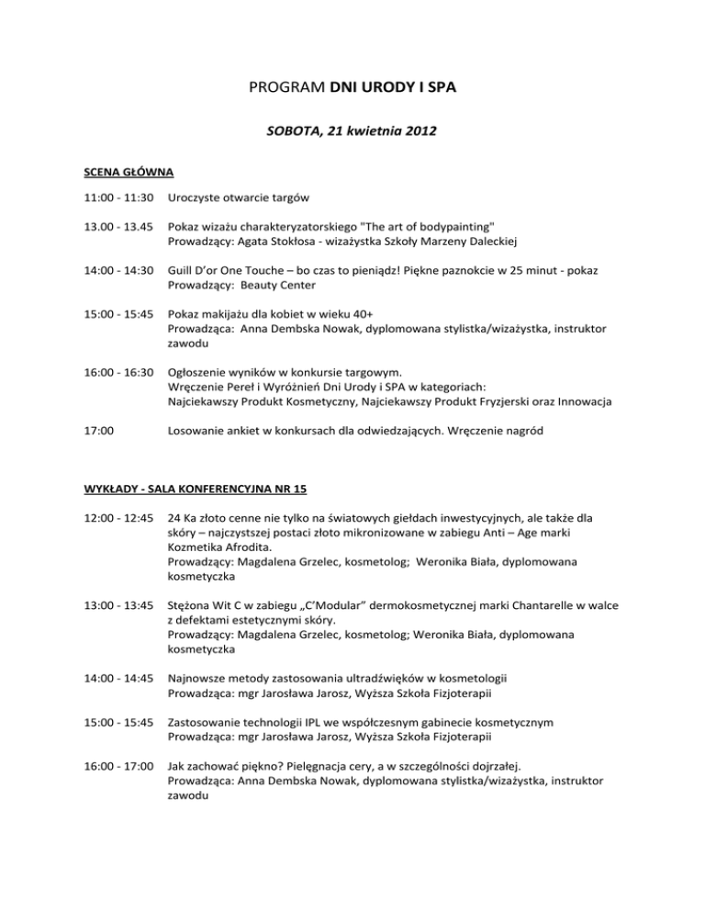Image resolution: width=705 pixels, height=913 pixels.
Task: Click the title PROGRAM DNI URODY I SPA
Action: [x=352, y=90]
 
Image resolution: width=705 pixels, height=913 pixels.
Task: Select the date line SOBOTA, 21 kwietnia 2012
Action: [x=352, y=131]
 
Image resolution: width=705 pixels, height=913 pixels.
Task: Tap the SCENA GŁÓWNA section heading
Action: [x=105, y=172]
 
